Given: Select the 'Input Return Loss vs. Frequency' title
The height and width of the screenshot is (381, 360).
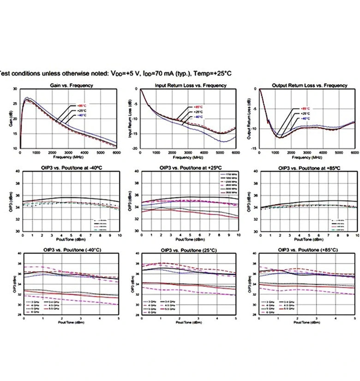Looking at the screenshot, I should (191, 85).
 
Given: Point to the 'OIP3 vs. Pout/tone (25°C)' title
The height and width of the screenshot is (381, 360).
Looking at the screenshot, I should (191, 250).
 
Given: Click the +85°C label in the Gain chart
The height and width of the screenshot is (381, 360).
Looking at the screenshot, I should (81, 104).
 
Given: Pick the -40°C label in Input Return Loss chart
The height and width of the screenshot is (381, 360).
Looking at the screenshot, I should (198, 117).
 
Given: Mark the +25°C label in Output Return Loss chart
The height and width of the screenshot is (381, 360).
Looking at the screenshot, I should (305, 113).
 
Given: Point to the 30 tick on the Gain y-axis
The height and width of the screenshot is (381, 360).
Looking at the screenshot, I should (15, 89).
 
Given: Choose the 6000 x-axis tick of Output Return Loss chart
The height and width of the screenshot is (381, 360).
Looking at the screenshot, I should (354, 152).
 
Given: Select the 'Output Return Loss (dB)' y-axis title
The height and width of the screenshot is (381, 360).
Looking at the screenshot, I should (249, 118).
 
